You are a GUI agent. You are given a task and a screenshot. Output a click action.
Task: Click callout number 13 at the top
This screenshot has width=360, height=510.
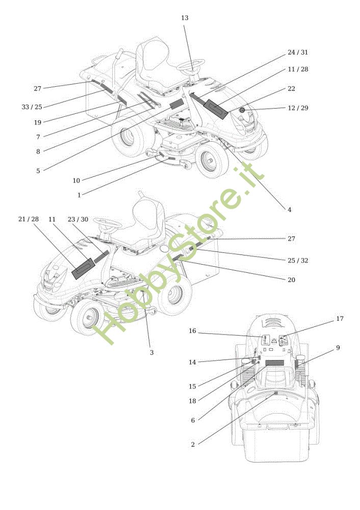point(185,18)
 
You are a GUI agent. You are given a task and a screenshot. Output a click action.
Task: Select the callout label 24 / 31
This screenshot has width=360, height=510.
point(298,53)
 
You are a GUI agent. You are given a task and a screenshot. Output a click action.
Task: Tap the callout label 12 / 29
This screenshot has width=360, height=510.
point(298,108)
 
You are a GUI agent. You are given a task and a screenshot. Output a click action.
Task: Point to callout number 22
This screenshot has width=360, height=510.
point(291,89)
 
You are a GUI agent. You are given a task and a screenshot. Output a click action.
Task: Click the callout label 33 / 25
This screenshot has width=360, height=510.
point(32,107)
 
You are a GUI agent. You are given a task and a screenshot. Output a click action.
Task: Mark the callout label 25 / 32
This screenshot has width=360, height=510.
point(298,261)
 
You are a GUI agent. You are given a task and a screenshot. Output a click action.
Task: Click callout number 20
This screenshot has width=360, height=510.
point(291,280)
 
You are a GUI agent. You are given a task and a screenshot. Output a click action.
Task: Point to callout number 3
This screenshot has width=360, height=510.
point(151,352)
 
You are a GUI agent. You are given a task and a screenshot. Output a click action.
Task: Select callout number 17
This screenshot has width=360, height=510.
point(340,319)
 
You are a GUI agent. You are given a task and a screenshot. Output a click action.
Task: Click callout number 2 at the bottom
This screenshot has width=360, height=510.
point(193,445)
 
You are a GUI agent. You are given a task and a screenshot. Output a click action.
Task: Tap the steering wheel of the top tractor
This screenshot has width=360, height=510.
point(192,65)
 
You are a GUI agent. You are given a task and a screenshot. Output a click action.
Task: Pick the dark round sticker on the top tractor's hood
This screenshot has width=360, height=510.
point(243,110)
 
